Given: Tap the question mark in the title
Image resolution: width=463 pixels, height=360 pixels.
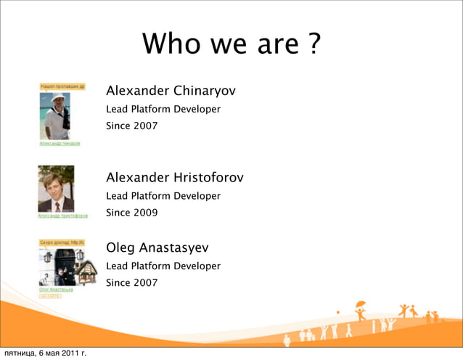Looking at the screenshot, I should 313,45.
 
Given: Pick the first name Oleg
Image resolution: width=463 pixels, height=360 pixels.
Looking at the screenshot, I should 120,248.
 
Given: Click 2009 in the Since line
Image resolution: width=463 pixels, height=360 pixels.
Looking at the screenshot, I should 146,213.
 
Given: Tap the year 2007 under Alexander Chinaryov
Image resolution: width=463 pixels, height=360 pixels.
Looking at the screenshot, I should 146,126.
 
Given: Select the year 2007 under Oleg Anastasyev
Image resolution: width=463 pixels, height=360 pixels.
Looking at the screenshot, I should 146,282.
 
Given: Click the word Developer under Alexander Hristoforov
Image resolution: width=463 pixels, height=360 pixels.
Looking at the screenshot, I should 197,196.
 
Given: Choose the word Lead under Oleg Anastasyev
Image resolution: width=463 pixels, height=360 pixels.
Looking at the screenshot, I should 117,266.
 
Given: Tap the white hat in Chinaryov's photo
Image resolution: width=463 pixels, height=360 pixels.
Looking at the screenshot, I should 57,98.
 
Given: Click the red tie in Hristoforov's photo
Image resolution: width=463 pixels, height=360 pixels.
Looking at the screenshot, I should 57,206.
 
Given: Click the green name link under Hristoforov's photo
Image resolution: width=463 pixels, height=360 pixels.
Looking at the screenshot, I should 62,216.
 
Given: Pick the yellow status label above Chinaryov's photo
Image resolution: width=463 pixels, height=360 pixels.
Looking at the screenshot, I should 62,86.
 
